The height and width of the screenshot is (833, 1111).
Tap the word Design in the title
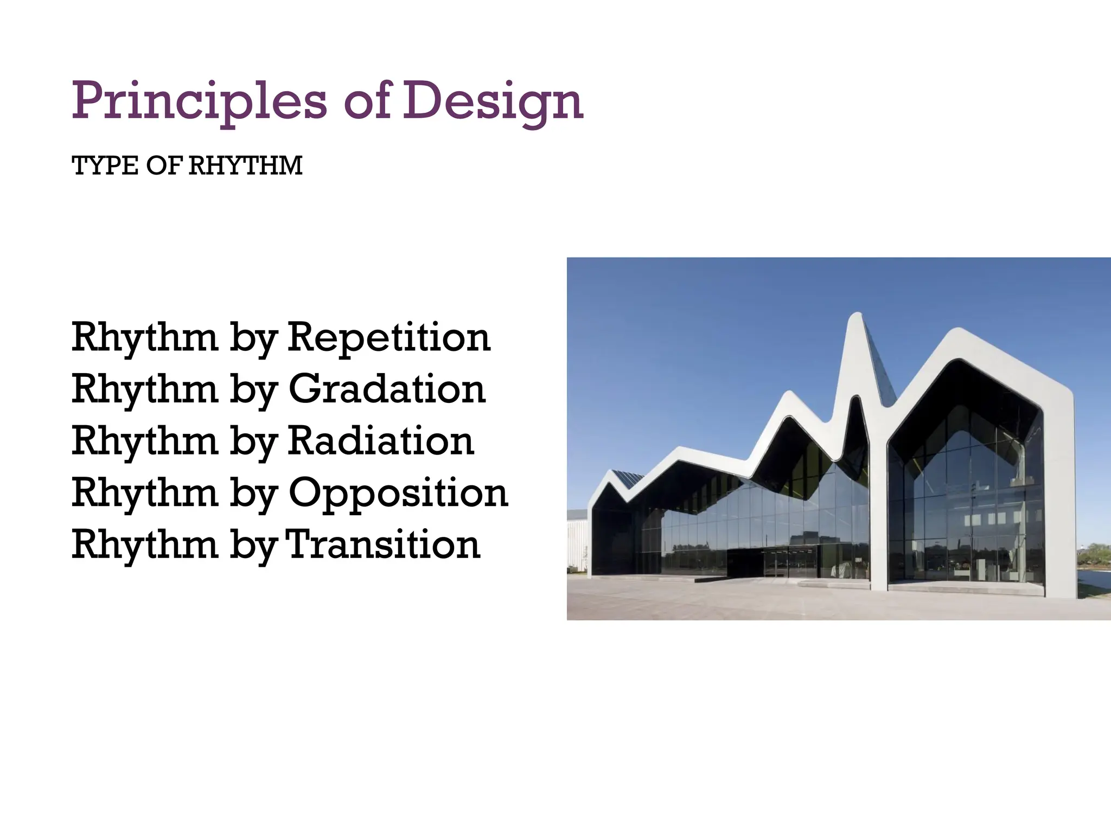tap(493, 101)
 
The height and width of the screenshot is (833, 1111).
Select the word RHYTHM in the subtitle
tap(245, 166)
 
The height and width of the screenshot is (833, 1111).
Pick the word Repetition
tap(388, 337)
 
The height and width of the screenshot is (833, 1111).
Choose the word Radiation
tap(380, 441)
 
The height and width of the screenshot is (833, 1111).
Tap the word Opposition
tap(398, 494)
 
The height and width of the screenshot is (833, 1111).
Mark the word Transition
tap(382, 544)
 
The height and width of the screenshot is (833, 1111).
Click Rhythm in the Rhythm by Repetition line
tap(145, 337)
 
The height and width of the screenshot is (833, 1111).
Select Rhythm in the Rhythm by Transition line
tap(145, 544)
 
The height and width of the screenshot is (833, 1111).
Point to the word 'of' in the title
tap(367, 101)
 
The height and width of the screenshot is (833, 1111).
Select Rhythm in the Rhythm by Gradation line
tap(145, 389)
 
